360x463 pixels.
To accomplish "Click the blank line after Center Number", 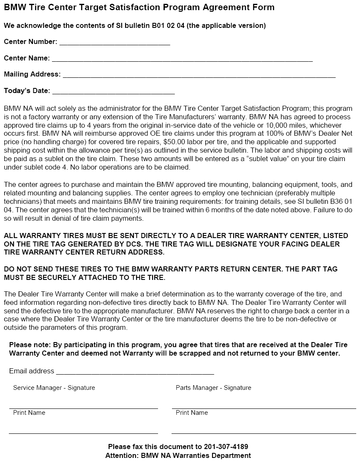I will point(115,44).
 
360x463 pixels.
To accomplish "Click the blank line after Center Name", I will point(182,60).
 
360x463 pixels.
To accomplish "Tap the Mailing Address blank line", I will point(199,77).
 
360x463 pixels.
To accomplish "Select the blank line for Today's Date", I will point(113,93).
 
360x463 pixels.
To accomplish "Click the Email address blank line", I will point(135,373).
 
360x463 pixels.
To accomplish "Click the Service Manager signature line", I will point(83,408).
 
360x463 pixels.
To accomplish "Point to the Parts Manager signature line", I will point(264,408).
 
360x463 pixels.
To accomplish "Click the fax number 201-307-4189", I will point(226,447).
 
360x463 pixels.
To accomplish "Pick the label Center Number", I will point(30,41).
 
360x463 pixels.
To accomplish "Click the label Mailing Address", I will point(32,74).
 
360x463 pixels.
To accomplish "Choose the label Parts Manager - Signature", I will point(213,387).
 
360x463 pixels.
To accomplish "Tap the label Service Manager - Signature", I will point(54,387).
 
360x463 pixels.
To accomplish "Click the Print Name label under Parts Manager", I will point(192,412).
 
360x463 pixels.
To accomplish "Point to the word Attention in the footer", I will point(121,455).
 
